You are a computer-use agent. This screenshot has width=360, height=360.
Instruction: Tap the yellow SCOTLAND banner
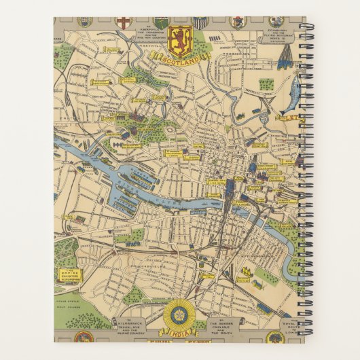coord(180,58)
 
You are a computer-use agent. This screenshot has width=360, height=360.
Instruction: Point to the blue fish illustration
coord(293,92)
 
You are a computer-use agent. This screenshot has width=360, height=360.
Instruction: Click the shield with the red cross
coord(123,22)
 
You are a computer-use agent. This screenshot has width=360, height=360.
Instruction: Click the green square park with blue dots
coord(266,84)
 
